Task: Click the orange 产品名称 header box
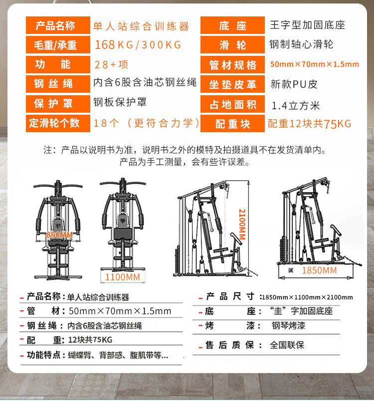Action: pyautogui.click(x=57, y=25)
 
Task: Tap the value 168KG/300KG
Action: pyautogui.click(x=138, y=45)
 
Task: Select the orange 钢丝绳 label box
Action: pyautogui.click(x=57, y=84)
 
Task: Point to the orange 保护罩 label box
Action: pyautogui.click(x=57, y=103)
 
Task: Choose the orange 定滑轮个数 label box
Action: pyautogui.click(x=57, y=123)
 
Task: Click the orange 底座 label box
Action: pyautogui.click(x=232, y=25)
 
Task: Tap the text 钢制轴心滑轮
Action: pyautogui.click(x=301, y=44)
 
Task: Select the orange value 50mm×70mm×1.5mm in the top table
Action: pyautogui.click(x=314, y=64)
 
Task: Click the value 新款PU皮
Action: pyautogui.click(x=294, y=84)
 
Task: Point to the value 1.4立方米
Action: pyautogui.click(x=296, y=106)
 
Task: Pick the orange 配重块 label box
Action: pyautogui.click(x=232, y=124)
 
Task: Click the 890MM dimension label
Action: pyautogui.click(x=59, y=235)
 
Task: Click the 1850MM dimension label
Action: pyautogui.click(x=319, y=270)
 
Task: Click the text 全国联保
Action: pyautogui.click(x=287, y=345)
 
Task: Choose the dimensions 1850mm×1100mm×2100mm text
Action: pyautogui.click(x=307, y=298)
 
